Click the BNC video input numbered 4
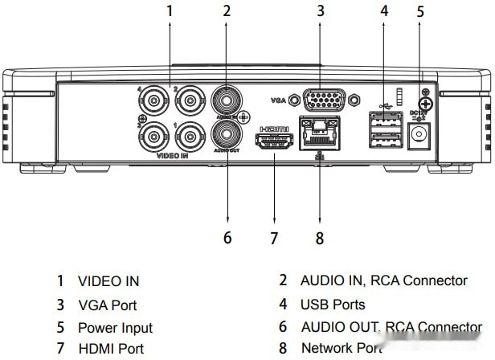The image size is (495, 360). [152, 101]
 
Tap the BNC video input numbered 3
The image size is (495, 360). [152, 137]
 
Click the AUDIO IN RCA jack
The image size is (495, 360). [226, 100]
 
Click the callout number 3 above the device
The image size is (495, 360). [320, 11]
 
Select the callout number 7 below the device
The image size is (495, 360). [274, 238]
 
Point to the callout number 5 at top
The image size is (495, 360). [419, 11]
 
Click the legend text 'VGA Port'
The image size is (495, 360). [107, 305]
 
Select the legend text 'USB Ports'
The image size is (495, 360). [333, 305]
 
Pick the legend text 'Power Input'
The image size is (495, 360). [115, 328]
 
